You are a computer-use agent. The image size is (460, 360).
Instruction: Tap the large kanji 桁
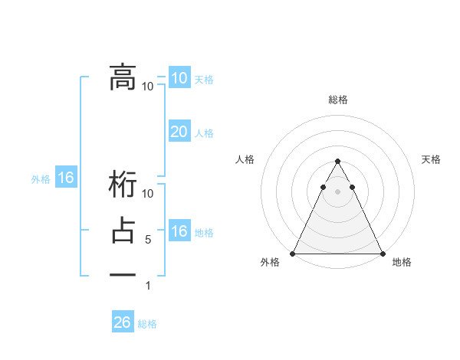point(123,186)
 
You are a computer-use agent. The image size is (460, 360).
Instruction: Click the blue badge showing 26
point(123,322)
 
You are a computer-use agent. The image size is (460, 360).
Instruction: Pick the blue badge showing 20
point(179,132)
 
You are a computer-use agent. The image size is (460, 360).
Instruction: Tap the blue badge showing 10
point(179,78)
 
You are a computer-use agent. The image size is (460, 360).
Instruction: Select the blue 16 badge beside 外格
point(66,178)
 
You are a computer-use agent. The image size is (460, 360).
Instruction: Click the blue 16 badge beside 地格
point(179,231)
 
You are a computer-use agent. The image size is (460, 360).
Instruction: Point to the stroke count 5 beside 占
point(148,240)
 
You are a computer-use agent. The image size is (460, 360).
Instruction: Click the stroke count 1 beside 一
point(148,286)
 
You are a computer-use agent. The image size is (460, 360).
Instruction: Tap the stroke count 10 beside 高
point(148,86)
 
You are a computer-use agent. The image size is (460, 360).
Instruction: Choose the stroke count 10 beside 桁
point(148,193)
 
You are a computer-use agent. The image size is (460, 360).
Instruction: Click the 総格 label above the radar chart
point(338,100)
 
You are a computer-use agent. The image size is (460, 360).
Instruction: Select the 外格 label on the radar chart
point(270,263)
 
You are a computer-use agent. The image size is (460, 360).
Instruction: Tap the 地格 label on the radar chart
point(402,263)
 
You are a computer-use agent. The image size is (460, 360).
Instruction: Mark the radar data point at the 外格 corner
point(294,254)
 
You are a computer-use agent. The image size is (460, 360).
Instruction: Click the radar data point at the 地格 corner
point(382,254)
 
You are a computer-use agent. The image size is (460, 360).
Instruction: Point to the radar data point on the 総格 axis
point(337,162)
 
